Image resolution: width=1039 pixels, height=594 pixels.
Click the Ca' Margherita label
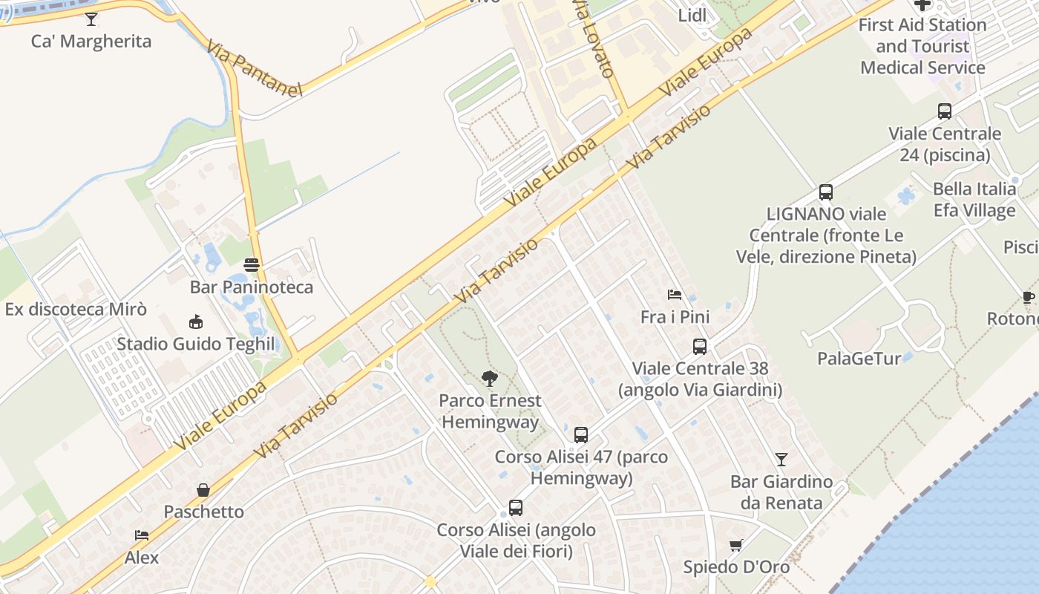91,42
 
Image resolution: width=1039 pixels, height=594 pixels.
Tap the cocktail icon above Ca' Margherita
91,19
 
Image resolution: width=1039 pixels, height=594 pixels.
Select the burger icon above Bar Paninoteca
252,265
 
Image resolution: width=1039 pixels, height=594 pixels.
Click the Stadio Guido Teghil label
196,345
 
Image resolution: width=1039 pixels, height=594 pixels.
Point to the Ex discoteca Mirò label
76,310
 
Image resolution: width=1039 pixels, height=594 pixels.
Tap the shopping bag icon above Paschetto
203,490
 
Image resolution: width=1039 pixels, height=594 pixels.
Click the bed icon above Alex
142,535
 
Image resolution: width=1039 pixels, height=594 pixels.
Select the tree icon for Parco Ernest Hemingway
489,379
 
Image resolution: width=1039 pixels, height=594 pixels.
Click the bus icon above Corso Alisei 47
581,435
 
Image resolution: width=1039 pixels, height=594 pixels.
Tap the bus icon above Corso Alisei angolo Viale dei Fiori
516,509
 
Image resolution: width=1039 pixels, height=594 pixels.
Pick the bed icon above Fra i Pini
675,295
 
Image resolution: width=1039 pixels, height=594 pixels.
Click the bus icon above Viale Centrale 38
699,347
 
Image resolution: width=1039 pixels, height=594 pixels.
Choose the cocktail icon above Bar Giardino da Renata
781,460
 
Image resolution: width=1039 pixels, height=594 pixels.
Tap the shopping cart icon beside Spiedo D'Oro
736,546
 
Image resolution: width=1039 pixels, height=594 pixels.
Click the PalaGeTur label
859,359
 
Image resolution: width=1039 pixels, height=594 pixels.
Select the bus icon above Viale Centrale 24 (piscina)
945,111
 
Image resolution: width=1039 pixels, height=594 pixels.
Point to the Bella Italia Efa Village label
974,200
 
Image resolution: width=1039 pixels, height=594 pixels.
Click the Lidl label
692,16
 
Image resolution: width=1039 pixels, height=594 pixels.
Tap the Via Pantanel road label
255,69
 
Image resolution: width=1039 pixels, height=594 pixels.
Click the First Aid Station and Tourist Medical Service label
922,46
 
